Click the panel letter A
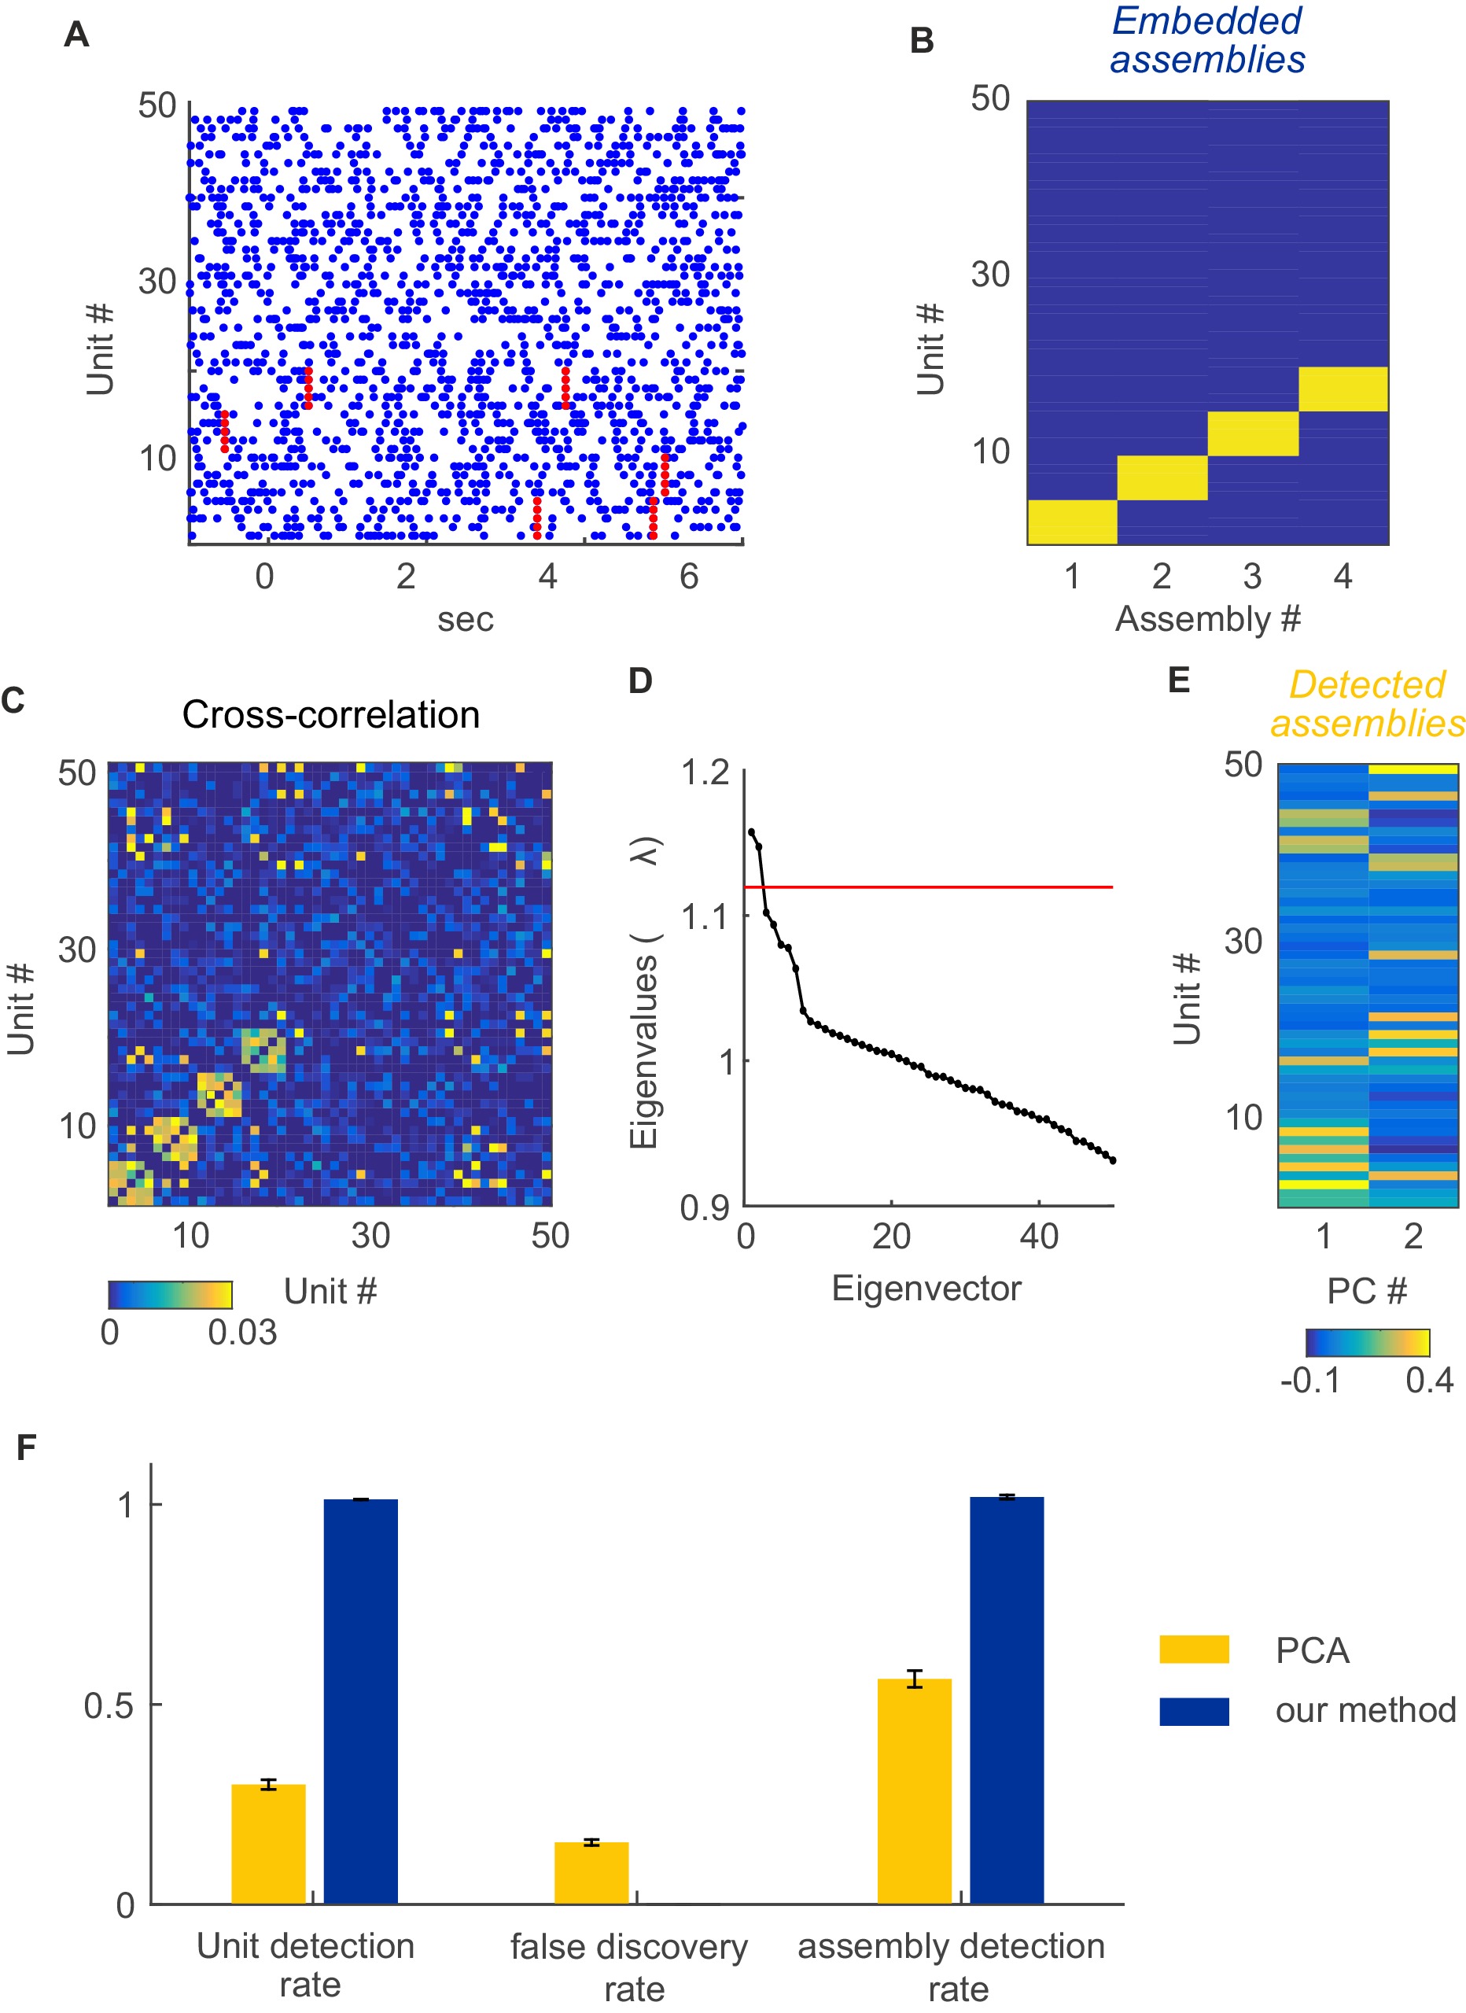click(76, 35)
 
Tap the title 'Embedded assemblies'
click(1207, 41)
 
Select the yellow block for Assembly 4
click(1343, 389)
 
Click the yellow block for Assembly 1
click(1072, 522)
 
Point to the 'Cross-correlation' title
click(330, 714)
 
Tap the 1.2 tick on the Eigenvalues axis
click(705, 773)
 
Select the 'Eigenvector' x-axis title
click(926, 1288)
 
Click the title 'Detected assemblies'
click(1367, 704)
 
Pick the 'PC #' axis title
click(1367, 1291)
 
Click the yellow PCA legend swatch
click(1194, 1649)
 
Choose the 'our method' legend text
click(1365, 1709)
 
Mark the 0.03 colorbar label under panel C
click(242, 1333)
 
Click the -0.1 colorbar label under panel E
click(1309, 1381)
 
